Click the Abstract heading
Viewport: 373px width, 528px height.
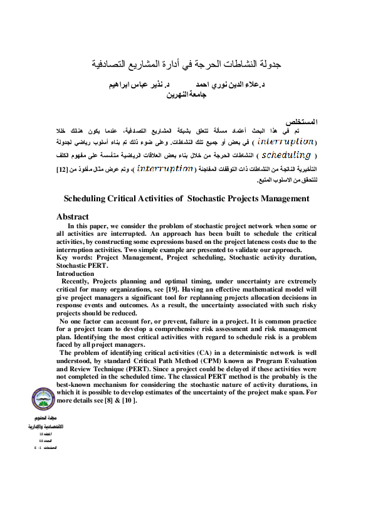coord(73,217)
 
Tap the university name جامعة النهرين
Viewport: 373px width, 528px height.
coord(186,95)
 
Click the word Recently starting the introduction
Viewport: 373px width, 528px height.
coord(76,283)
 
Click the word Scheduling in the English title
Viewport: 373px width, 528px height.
coord(87,199)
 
